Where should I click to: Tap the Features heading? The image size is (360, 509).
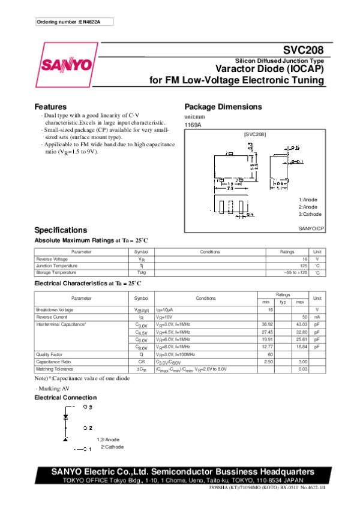tap(50, 107)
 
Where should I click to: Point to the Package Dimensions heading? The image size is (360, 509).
tap(223, 107)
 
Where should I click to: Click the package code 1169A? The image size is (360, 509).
tap(193, 124)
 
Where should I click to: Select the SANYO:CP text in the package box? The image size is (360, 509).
tap(311, 228)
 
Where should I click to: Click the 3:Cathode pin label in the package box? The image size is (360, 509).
tap(310, 214)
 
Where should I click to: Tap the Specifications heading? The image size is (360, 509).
tap(61, 230)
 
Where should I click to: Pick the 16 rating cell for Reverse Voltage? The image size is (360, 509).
tap(305, 259)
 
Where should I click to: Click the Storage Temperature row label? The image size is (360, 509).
tap(57, 273)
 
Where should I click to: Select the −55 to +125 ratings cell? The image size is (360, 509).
tap(295, 273)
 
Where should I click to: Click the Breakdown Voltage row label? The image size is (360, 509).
tap(55, 309)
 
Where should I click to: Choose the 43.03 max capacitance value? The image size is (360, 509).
tap(301, 324)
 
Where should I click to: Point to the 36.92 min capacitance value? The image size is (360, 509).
tap(268, 324)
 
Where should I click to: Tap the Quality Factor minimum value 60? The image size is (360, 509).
tap(270, 354)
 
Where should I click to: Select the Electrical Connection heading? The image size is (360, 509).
tap(65, 397)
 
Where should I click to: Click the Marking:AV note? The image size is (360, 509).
tap(53, 389)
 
